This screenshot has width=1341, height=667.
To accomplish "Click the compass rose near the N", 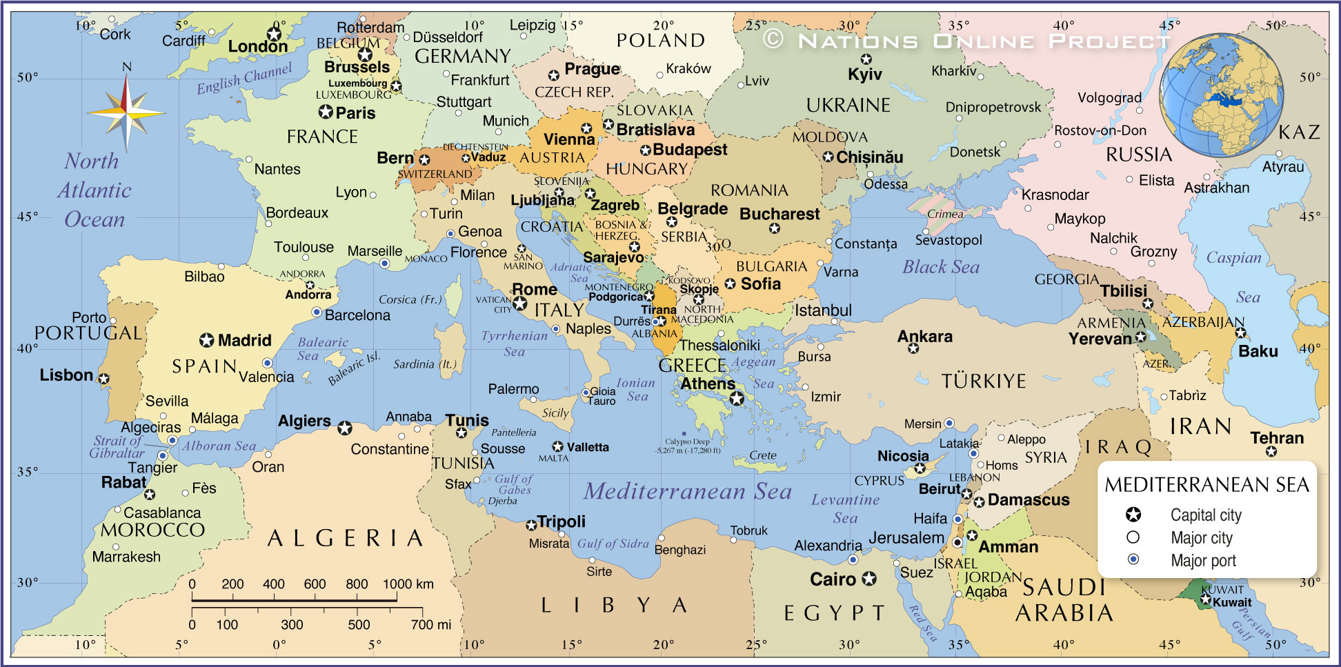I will pyautogui.click(x=126, y=112).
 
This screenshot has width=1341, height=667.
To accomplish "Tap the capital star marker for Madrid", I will pyautogui.click(x=206, y=340).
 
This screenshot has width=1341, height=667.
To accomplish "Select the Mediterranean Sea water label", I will pyautogui.click(x=688, y=491).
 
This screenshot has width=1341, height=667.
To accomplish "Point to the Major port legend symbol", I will pyautogui.click(x=1133, y=559).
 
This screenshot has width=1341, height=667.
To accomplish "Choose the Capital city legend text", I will pyautogui.click(x=1205, y=515).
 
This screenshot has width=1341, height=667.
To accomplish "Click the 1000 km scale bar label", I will pyautogui.click(x=408, y=584).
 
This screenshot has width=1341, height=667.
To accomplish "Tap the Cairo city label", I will pyautogui.click(x=833, y=579).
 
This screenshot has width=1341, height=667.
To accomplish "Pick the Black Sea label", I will pyautogui.click(x=941, y=267).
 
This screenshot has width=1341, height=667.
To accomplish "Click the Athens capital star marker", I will pyautogui.click(x=737, y=398).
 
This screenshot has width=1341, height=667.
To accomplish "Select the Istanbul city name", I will pyautogui.click(x=823, y=310).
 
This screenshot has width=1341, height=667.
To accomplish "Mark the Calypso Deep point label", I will pyautogui.click(x=687, y=446).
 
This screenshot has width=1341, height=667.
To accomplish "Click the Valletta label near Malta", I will pyautogui.click(x=587, y=447).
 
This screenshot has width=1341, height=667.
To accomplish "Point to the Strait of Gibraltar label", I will pyautogui.click(x=117, y=446).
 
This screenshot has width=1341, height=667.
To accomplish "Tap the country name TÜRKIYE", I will pyautogui.click(x=984, y=381).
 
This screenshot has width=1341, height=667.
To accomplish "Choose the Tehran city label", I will pyautogui.click(x=1277, y=438).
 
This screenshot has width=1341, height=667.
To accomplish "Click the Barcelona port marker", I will pyautogui.click(x=317, y=312).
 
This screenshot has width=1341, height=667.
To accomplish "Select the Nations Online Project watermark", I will pyautogui.click(x=966, y=41).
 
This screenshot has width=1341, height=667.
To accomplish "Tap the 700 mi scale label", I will pyautogui.click(x=431, y=624).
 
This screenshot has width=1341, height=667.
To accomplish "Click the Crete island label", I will pyautogui.click(x=763, y=455).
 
